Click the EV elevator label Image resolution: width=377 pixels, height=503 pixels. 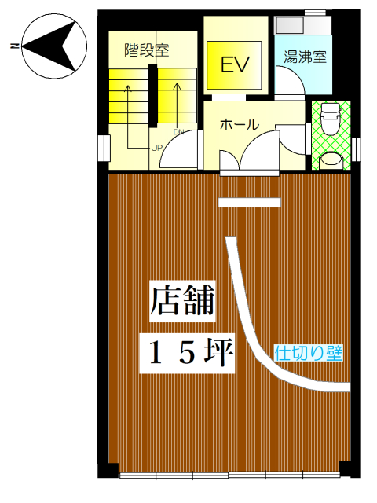coord(235,64)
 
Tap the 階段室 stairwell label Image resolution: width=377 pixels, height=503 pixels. coord(147,50)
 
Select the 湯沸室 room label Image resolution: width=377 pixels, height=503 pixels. coord(305,57)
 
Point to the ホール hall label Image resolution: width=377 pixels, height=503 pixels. coord(239,124)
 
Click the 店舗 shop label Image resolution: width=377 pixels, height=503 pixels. coord(182,300)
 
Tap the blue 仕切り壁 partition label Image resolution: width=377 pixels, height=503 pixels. coord(309,353)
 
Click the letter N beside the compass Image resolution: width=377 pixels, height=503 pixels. coord(14,46)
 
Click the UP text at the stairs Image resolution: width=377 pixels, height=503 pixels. coord(157,148)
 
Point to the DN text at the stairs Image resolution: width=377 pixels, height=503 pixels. coord(178,131)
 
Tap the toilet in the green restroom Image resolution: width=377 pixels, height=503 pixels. coord(330,119)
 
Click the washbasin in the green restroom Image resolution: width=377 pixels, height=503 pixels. coord(330,159)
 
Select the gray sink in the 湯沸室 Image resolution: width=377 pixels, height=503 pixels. coord(290,24)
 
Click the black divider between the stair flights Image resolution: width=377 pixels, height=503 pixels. coord(152,95)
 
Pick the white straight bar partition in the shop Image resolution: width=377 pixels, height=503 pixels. coord(250,203)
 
